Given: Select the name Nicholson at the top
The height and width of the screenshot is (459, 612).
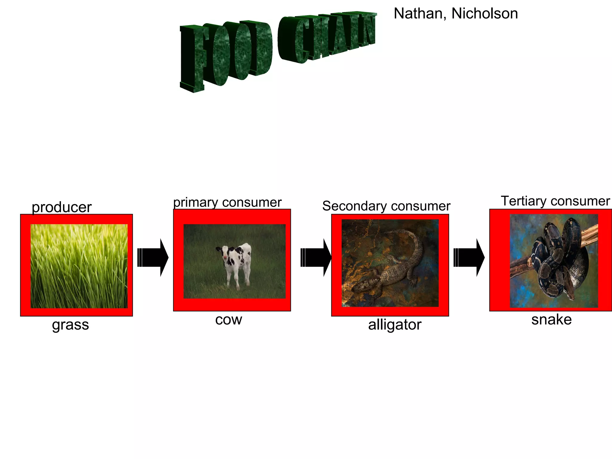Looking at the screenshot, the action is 484,14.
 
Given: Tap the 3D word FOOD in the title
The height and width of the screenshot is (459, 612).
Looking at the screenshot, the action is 226,54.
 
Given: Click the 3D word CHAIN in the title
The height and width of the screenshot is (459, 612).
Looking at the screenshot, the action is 327,37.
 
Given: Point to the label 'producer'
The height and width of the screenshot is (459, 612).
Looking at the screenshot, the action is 62,207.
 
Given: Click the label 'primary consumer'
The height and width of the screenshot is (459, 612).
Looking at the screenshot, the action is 227,202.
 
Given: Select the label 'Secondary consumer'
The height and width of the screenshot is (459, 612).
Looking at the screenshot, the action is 386,206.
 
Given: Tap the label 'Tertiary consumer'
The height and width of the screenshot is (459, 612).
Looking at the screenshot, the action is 555,201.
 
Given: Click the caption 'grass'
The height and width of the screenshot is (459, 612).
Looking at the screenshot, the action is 71,325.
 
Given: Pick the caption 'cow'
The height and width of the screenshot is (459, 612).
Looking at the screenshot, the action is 229,320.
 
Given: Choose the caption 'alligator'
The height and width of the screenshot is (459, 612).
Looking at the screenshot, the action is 394,325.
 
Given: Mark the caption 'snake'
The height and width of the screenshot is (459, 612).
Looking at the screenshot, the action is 551,319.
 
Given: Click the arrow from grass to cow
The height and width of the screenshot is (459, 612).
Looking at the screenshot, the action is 153,257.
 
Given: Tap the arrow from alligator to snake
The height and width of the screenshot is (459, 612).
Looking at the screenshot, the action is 469,257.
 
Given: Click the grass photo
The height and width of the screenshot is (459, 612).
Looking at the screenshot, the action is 79,266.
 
